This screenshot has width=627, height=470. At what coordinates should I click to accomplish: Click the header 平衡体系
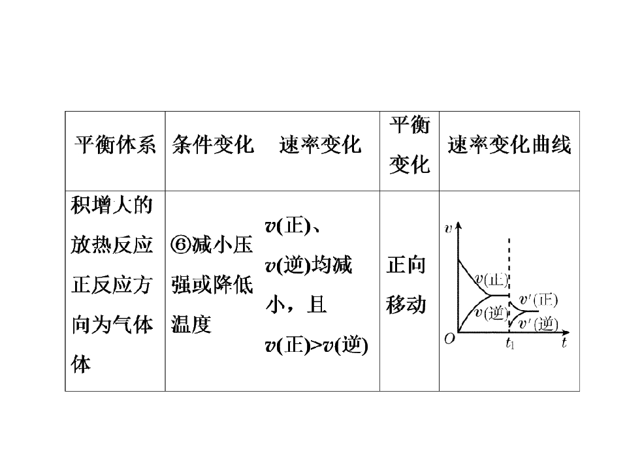coord(115,144)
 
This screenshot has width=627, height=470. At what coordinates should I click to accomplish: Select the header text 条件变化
coord(213,144)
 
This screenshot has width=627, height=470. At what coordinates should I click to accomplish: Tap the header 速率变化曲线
coord(509,144)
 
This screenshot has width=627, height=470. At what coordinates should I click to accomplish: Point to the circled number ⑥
coord(181,244)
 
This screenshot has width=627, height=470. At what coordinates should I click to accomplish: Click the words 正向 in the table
coord(406,264)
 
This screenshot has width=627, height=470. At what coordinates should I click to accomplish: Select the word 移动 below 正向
coord(406,305)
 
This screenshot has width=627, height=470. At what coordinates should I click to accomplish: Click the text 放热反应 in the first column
coord(112,245)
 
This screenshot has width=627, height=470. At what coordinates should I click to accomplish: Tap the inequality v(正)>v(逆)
coord(316,345)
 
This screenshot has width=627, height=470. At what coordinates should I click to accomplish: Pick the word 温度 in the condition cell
coord(191,324)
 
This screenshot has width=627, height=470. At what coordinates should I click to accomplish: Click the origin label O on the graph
coord(450,339)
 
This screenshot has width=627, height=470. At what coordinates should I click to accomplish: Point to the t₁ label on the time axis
coord(510,343)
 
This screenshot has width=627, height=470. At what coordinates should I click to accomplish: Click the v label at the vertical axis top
coord(448,228)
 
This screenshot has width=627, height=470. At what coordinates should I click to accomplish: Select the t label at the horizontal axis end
coord(564,343)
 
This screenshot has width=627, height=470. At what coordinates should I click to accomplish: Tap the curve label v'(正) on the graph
coord(538,300)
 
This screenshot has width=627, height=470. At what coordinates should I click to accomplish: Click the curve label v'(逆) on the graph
coord(538,324)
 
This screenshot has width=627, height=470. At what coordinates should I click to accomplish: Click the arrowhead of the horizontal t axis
coord(567,332)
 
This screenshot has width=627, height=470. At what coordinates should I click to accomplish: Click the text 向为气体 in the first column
coord(112,324)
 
